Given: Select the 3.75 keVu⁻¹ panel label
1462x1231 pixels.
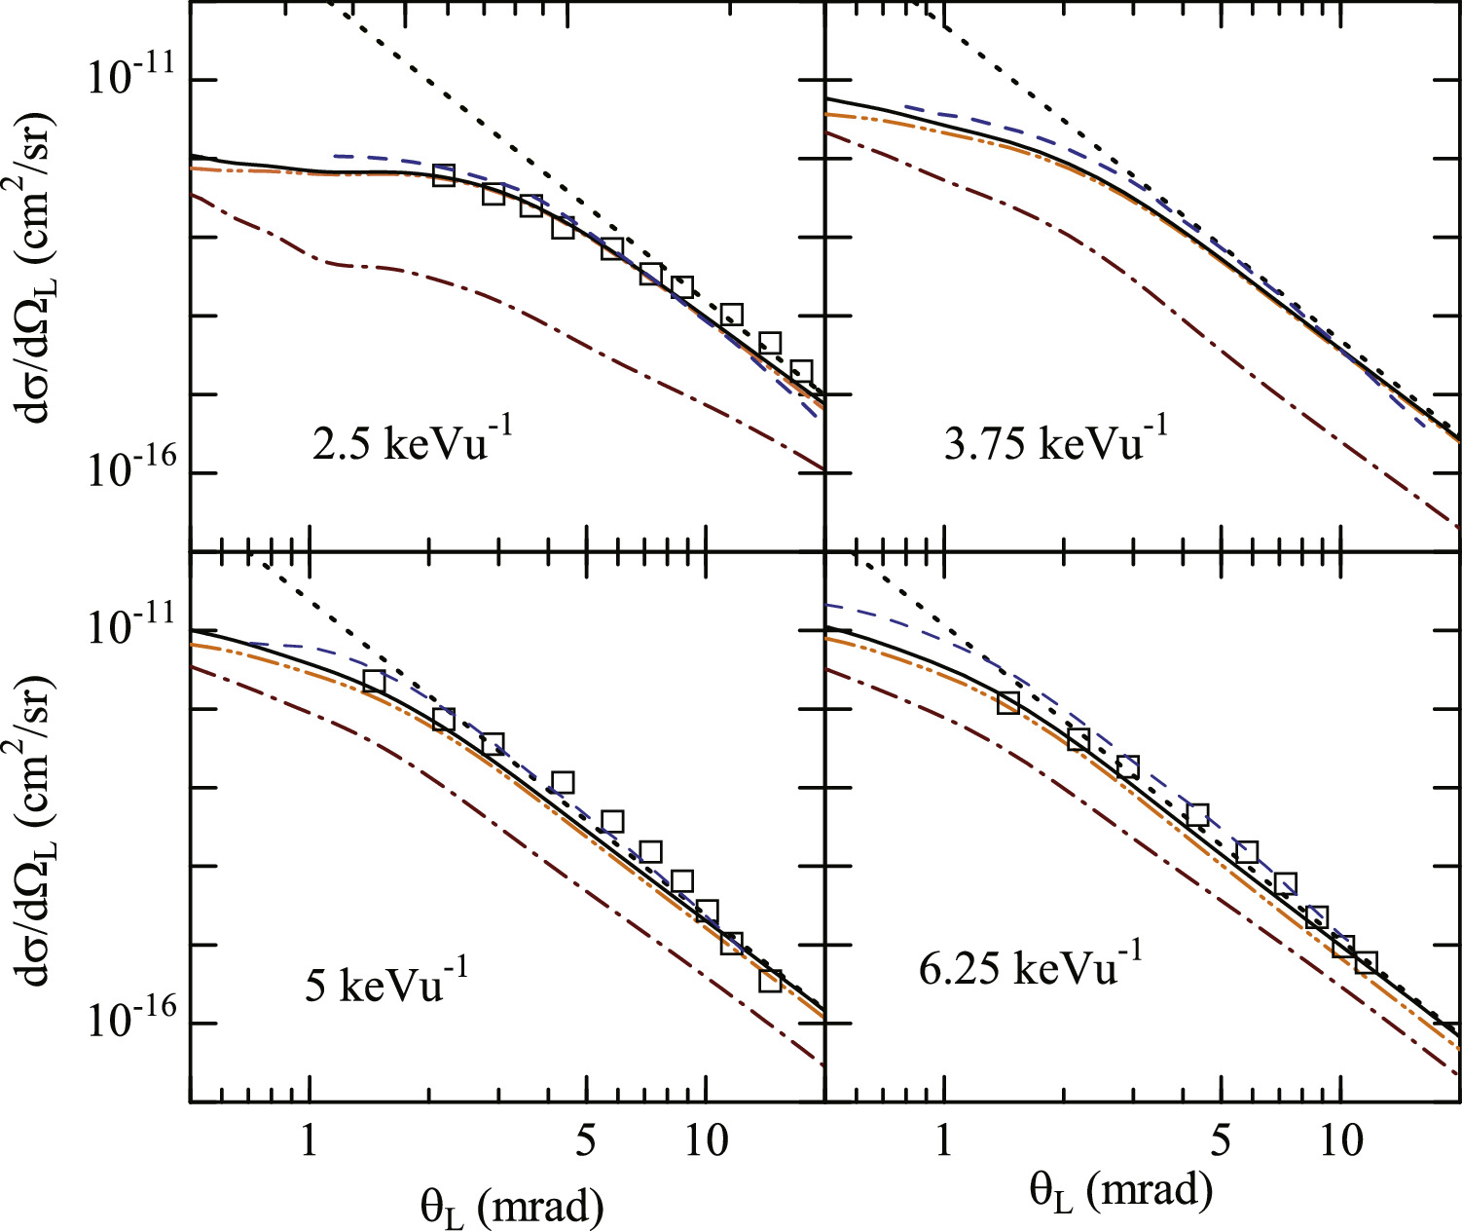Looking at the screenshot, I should [1055, 442].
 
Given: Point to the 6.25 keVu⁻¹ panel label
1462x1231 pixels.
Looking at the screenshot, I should [1030, 967].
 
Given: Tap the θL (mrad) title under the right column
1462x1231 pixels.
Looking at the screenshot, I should [1121, 1190].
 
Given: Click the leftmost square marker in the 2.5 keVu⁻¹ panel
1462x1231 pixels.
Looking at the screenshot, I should [444, 175].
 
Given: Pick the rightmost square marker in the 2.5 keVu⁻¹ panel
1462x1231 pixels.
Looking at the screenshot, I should [801, 371].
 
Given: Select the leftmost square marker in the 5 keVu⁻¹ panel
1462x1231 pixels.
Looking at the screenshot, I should [374, 682].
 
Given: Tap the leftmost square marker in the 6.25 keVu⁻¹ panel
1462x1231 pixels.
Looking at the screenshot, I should [1008, 702].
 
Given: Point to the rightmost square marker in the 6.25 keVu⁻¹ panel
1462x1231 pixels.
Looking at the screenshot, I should [1366, 962].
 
